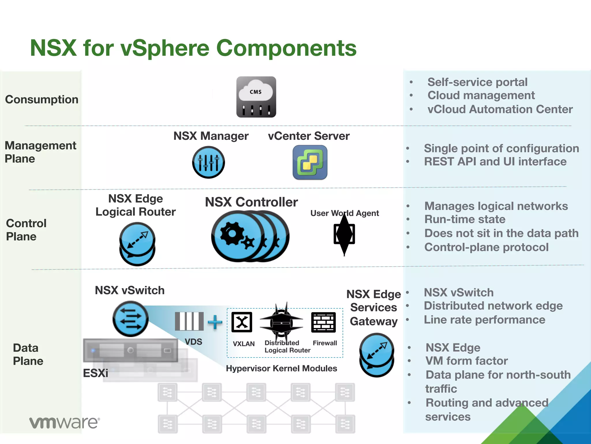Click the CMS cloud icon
pos(256,97)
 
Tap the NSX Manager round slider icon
pos(208,162)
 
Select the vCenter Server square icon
pos(310,162)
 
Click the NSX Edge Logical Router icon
pos(137,243)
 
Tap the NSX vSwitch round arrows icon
pos(130,319)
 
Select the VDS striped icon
pos(189,321)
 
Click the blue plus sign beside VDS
pos(215,322)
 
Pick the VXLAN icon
pos(242,322)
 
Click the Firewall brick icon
pos(323,322)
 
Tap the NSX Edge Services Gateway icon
pos(377,355)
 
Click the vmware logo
pos(64,423)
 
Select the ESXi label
pos(96,373)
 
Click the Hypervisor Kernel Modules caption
pos(281,368)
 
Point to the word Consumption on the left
pos(42,99)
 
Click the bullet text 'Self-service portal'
pos(477,82)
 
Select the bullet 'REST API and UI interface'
pos(495,162)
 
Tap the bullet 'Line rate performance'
pos(485,320)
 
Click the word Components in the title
pos(286,48)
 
